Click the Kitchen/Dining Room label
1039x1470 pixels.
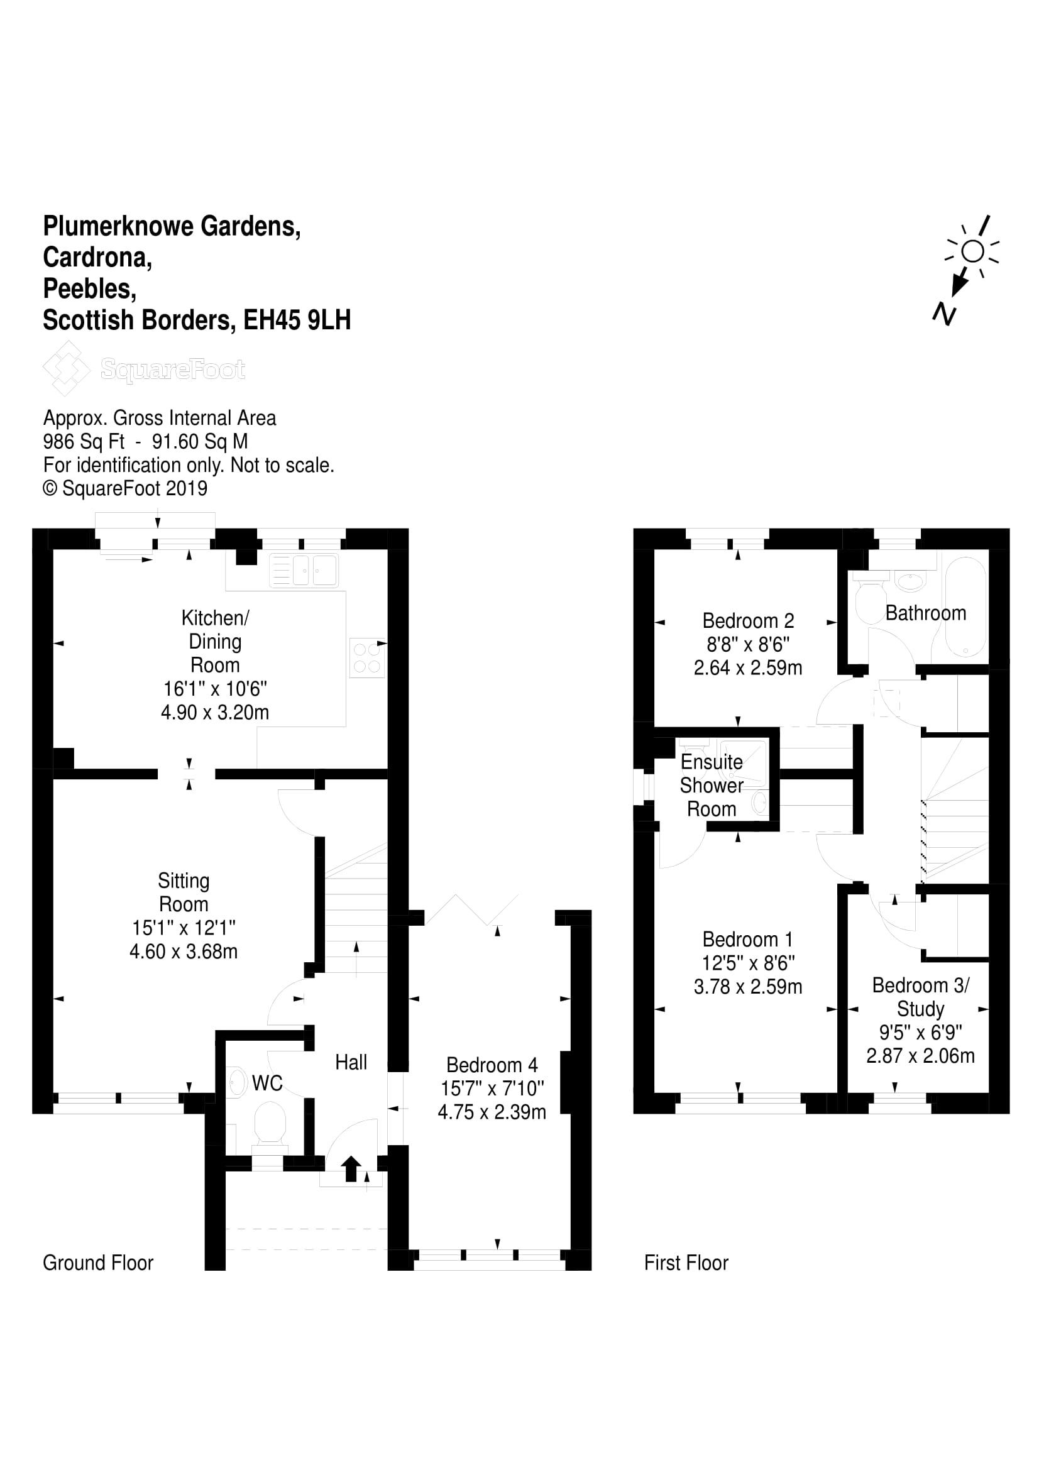pos(215,641)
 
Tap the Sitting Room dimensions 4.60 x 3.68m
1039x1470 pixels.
pos(184,952)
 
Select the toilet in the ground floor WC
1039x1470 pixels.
pos(270,1122)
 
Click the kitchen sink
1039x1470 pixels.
pos(305,569)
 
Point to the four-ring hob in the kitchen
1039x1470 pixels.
pos(367,657)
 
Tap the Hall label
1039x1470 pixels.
pos(351,1062)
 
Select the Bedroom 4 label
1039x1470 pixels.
pos(492,1065)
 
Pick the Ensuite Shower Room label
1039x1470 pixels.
pos(712,785)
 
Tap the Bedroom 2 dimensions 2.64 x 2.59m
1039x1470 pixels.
pos(748,668)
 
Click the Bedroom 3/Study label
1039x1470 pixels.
pos(921,997)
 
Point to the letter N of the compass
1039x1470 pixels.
pos(944,314)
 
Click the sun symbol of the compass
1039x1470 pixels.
pos(972,251)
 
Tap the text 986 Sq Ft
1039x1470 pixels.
pos(84,441)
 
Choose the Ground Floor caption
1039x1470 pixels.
pos(98,1263)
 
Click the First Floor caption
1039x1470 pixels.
pos(686,1263)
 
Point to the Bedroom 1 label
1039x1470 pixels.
pos(748,939)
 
